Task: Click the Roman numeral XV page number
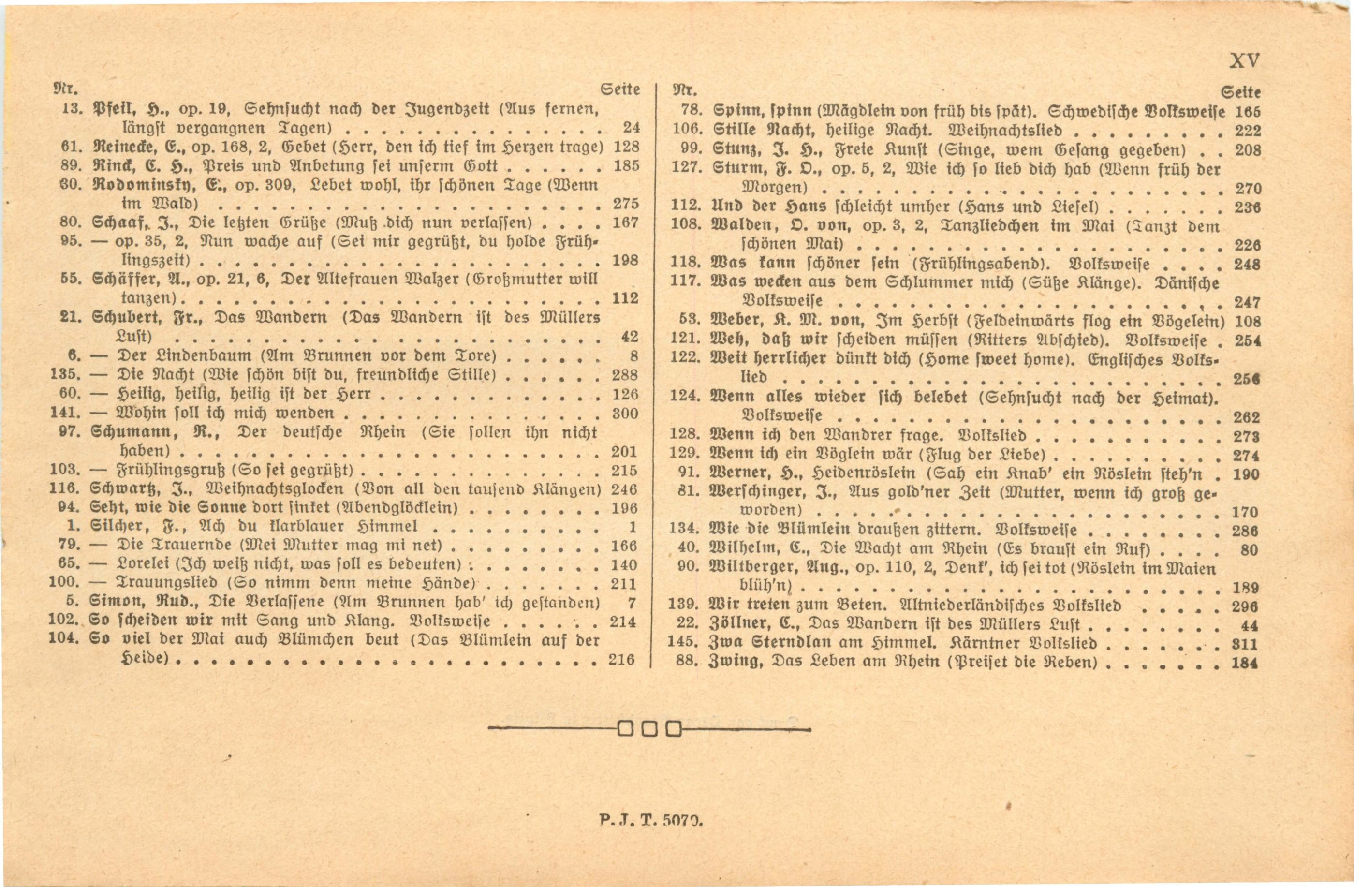coord(1244,61)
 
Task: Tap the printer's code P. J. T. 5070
coord(651,821)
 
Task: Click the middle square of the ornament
coord(650,729)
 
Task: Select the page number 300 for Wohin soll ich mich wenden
coord(625,414)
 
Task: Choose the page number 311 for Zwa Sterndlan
coord(1245,644)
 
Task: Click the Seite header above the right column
coord(1241,92)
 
